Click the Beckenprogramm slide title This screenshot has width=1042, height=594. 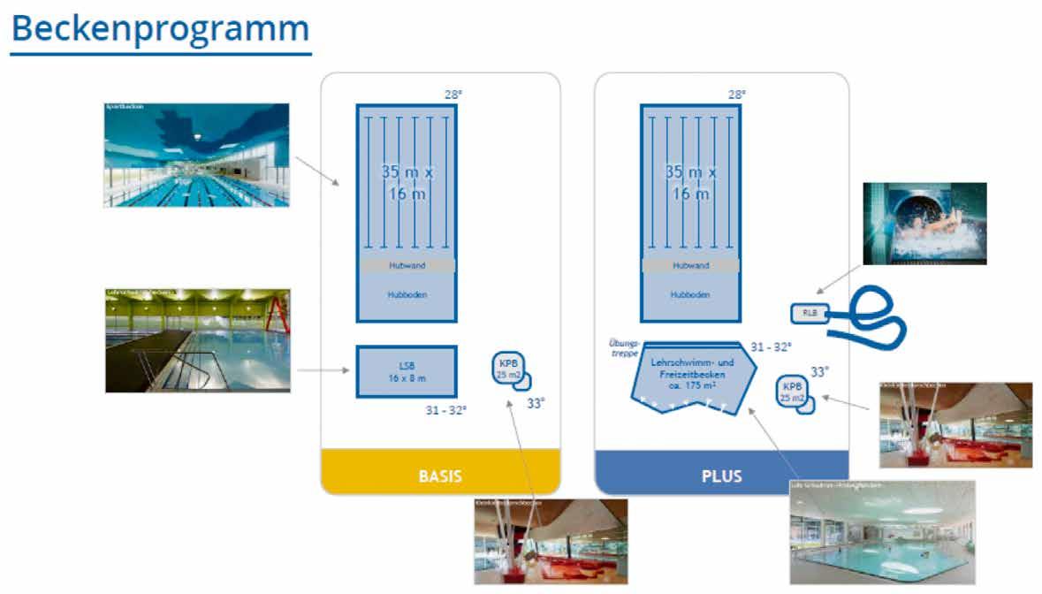pyautogui.click(x=160, y=29)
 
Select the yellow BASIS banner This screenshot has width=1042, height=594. pyautogui.click(x=440, y=475)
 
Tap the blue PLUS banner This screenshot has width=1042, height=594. pyautogui.click(x=721, y=476)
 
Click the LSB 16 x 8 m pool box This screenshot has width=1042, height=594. pyautogui.click(x=407, y=372)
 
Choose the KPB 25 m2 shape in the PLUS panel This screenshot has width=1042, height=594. pyautogui.click(x=792, y=392)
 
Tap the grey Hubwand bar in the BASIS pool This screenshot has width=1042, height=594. pyautogui.click(x=407, y=265)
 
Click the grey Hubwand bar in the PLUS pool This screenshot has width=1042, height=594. pyautogui.click(x=690, y=265)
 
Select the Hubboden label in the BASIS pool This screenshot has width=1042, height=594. pyautogui.click(x=407, y=295)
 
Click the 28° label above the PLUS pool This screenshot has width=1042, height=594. pyautogui.click(x=736, y=94)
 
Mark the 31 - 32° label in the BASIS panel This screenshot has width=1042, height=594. pyautogui.click(x=446, y=410)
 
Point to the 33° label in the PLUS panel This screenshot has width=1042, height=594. pyautogui.click(x=819, y=372)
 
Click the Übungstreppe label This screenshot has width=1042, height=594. pyautogui.click(x=623, y=346)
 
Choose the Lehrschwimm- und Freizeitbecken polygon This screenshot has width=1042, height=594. pyautogui.click(x=691, y=375)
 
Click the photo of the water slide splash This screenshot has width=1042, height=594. pyautogui.click(x=924, y=224)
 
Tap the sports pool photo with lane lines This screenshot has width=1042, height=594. pyautogui.click(x=196, y=156)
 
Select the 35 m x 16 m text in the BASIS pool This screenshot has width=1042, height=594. pyautogui.click(x=407, y=182)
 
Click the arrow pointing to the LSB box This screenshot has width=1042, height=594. pyautogui.click(x=323, y=369)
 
